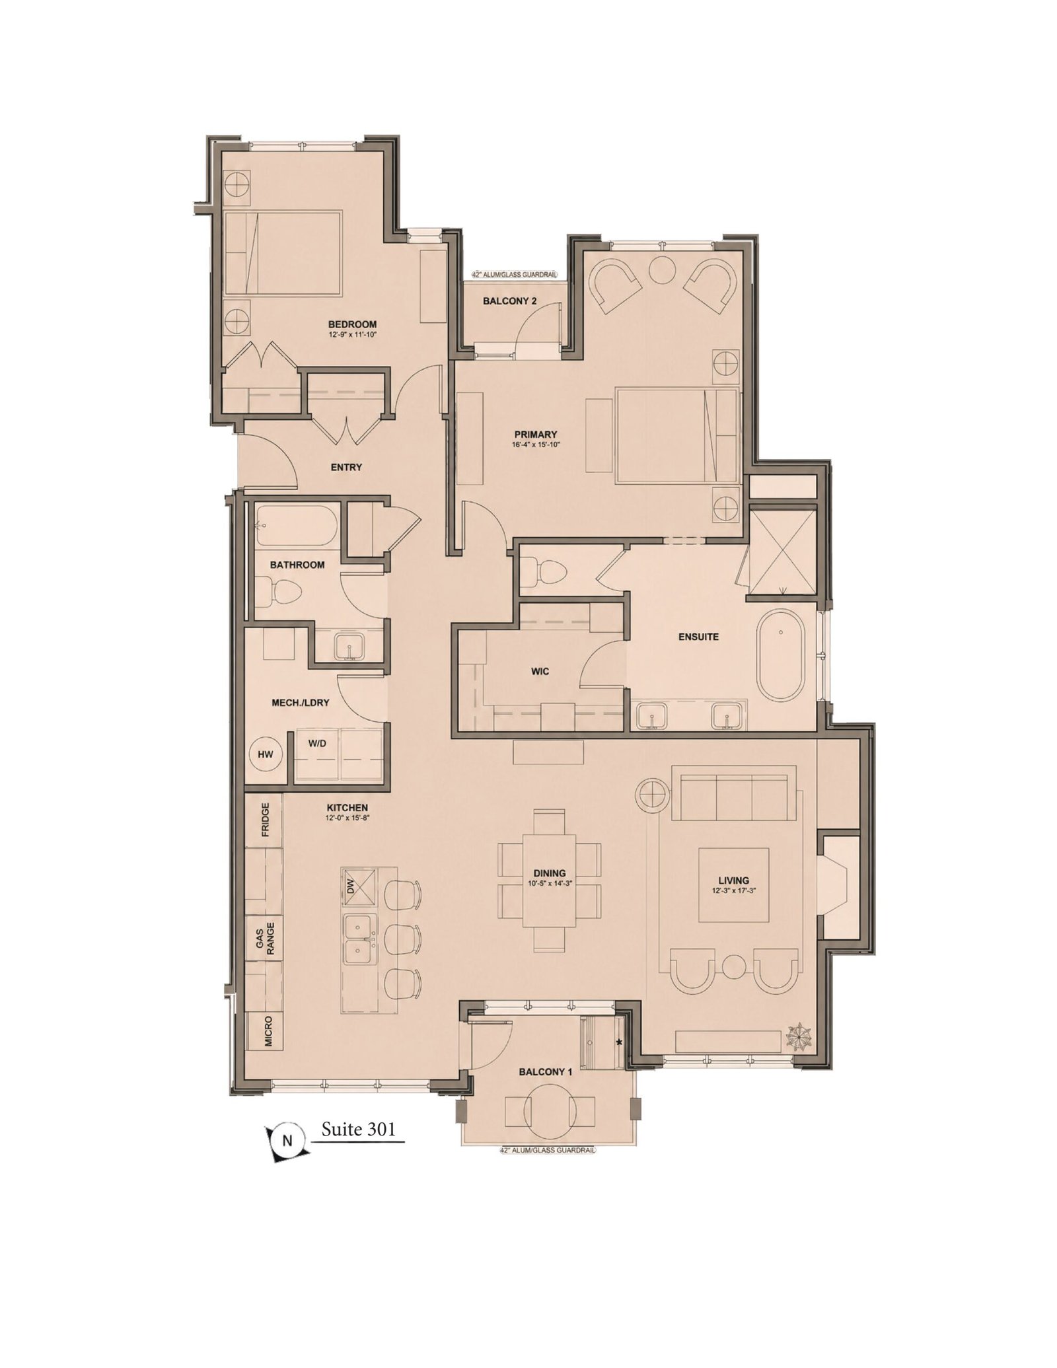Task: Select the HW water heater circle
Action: (x=266, y=754)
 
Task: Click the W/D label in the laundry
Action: (x=317, y=743)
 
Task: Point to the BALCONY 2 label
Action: (x=509, y=301)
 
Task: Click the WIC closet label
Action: (x=540, y=672)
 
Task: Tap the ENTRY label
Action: (x=346, y=467)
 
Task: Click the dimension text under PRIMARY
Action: (x=535, y=445)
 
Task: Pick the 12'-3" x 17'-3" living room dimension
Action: (x=733, y=890)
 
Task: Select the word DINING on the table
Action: (x=550, y=873)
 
